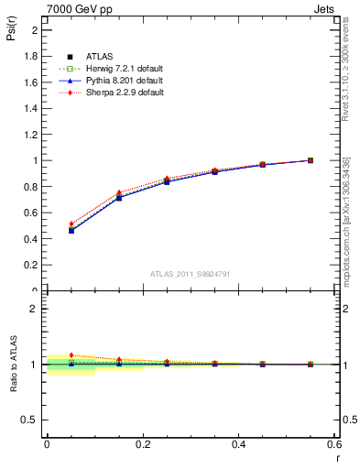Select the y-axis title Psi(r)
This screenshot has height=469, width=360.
(x=13, y=34)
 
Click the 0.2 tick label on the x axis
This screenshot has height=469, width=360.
(x=142, y=445)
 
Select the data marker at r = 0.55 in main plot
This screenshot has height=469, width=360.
(x=311, y=160)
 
